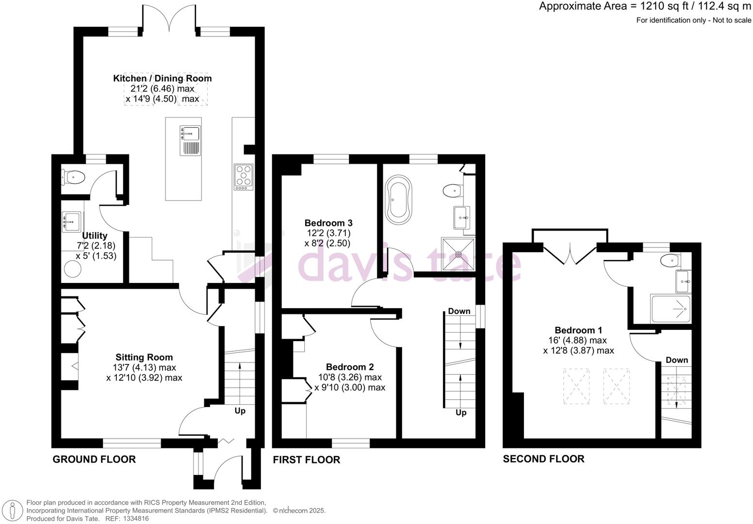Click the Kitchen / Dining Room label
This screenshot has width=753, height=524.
coord(162,79)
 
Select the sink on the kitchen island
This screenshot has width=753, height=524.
coord(191,132)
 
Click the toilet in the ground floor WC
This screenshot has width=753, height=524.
coord(73,178)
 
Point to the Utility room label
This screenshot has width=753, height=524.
coord(95,236)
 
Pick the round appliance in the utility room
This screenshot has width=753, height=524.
coord(73,269)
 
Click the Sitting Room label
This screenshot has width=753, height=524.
coord(144,358)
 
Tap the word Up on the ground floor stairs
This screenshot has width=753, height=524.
coord(240,411)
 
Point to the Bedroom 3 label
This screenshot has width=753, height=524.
coord(328,223)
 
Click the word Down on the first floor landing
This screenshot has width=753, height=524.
coord(459,311)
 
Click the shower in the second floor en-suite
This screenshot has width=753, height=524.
coord(671,309)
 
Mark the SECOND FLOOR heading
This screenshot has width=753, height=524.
coord(543,459)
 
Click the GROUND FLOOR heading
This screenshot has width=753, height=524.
coord(94,459)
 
